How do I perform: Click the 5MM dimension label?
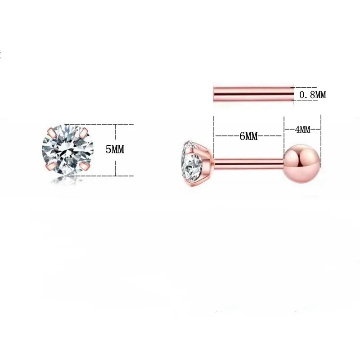tap(115, 149)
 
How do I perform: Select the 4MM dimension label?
tap(302, 130)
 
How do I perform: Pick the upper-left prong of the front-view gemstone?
tap(52, 132)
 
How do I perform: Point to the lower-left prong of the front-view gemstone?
tap(50, 166)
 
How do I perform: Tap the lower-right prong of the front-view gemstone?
tap(85, 166)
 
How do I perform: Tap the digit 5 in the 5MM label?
tap(108, 149)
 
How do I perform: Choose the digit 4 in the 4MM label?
tap(297, 130)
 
